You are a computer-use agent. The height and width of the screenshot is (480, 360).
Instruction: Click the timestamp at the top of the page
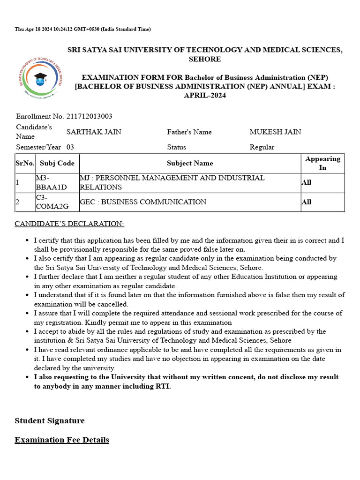click(x=82, y=29)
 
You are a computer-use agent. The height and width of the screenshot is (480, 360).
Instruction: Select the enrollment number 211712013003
click(x=89, y=116)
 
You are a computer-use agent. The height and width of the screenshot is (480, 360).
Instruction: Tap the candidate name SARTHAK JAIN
click(x=94, y=132)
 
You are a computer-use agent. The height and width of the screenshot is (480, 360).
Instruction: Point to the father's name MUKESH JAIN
click(x=275, y=132)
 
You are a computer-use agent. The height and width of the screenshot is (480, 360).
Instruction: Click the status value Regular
click(x=262, y=147)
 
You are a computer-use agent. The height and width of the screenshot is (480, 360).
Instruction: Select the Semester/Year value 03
click(x=70, y=147)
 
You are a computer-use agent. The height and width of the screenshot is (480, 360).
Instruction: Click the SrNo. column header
click(x=25, y=163)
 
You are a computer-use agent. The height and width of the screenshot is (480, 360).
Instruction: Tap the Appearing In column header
click(x=322, y=163)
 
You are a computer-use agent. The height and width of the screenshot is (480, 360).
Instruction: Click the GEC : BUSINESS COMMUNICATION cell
click(x=143, y=202)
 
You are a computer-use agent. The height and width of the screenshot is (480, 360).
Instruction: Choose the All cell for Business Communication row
click(x=307, y=202)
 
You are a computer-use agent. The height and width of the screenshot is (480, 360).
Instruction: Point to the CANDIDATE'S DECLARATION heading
click(x=69, y=224)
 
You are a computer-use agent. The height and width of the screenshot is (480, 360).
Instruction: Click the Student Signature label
click(x=50, y=420)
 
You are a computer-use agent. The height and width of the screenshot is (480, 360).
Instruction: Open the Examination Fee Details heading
click(x=62, y=440)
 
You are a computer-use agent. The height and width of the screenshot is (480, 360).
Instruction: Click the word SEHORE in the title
click(x=205, y=59)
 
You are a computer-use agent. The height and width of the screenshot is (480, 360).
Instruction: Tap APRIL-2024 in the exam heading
click(x=205, y=95)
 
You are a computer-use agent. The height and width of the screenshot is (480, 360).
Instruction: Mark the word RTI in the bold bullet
click(x=162, y=386)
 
